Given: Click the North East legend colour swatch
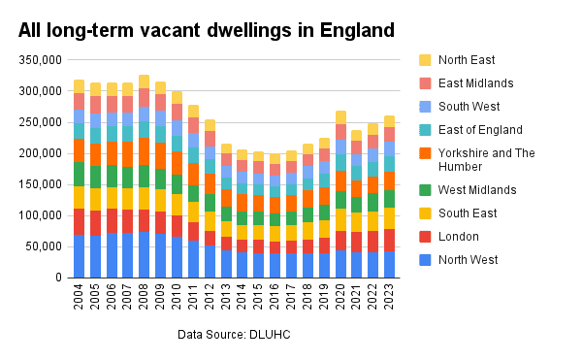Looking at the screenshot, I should click(424, 60).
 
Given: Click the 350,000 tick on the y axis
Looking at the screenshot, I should click(38, 60).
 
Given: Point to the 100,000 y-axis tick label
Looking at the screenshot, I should click(38, 215).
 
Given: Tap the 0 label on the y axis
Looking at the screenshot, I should click(58, 278).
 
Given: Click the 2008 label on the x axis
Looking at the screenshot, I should click(145, 296).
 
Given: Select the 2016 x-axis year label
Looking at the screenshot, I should click(275, 296).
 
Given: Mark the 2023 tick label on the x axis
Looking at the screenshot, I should click(389, 296).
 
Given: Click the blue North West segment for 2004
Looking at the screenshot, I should click(79, 256).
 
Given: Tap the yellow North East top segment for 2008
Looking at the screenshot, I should click(145, 82).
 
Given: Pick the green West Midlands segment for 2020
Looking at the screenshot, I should click(340, 200).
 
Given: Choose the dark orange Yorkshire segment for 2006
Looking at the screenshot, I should click(112, 153).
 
